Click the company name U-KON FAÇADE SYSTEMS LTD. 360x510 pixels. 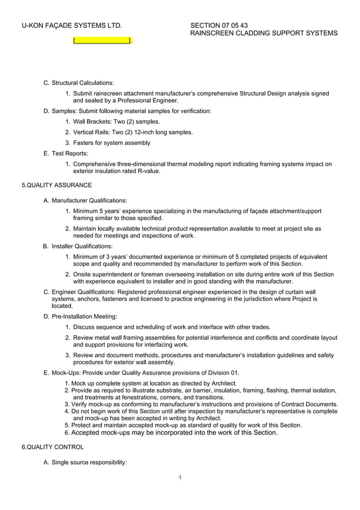click(x=72, y=25)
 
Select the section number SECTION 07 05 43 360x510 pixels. click(x=219, y=25)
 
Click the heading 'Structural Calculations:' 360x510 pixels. click(x=82, y=84)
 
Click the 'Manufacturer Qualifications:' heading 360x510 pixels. click(x=89, y=200)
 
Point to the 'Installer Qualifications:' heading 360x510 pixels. click(x=82, y=246)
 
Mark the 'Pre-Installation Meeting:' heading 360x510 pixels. click(x=84, y=316)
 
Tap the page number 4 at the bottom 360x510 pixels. click(x=179, y=477)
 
